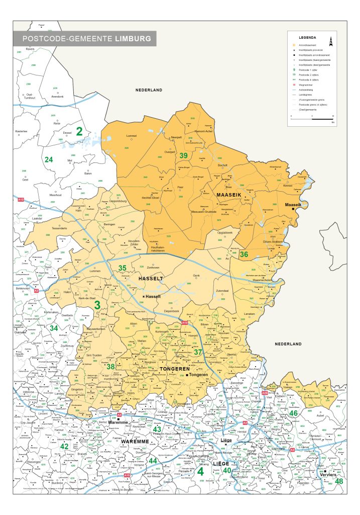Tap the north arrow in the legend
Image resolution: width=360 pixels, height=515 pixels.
click(331, 41)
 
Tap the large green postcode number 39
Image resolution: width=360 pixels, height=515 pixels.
click(184, 155)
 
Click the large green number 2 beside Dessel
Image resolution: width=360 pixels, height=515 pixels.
click(79, 132)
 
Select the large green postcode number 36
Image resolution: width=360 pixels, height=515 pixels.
click(244, 254)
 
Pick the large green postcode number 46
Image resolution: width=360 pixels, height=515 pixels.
click(293, 413)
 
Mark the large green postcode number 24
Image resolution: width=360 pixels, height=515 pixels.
click(49, 160)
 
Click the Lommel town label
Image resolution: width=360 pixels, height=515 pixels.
click(132, 136)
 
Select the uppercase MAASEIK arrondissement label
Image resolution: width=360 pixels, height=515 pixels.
click(230, 194)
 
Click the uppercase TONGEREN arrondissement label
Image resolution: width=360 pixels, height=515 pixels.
click(174, 369)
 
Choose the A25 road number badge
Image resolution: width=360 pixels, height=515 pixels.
click(265, 392)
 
